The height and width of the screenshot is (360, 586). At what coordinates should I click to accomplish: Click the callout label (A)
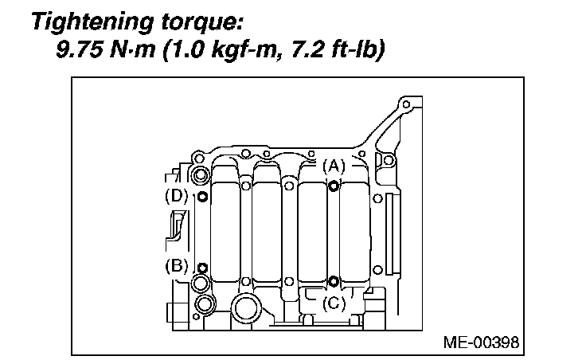click(x=334, y=166)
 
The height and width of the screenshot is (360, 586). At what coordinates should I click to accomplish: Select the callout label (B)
click(x=176, y=266)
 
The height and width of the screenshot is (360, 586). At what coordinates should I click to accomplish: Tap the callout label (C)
click(x=334, y=302)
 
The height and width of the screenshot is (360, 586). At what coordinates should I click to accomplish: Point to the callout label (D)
click(x=175, y=195)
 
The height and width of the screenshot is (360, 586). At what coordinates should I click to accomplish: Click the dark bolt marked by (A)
click(x=334, y=186)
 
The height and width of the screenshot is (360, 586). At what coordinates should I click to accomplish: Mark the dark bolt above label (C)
click(x=334, y=281)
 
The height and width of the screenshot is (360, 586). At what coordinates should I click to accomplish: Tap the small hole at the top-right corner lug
click(x=406, y=105)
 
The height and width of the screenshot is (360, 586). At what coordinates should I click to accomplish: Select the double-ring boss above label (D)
click(x=201, y=175)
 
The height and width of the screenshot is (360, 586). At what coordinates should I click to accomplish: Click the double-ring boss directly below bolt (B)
click(x=201, y=284)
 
